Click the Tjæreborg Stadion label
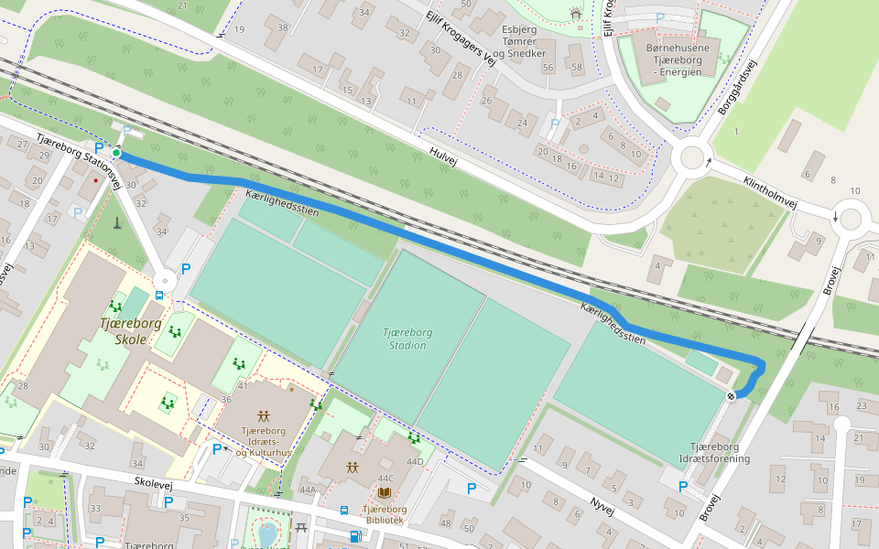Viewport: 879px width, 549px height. click(407, 339)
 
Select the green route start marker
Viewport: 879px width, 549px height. click(117, 154)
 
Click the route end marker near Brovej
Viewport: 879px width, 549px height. click(732, 396)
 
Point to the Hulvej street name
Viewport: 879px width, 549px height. click(442, 156)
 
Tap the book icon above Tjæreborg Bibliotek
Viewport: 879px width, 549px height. click(383, 492)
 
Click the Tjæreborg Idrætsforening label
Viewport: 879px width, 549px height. click(714, 452)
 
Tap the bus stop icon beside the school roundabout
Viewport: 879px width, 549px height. click(159, 296)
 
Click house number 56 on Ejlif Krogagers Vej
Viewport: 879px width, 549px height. click(548, 68)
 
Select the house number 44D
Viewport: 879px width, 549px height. click(415, 461)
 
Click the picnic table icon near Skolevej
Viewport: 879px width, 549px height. click(302, 527)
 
